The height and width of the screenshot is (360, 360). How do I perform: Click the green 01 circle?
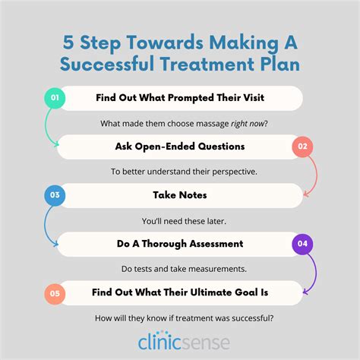coord(55,98)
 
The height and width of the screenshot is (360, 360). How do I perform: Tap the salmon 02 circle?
coord(302,147)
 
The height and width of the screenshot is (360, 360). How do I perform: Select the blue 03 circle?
coord(55,195)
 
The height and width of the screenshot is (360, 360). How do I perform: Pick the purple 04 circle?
coord(302,244)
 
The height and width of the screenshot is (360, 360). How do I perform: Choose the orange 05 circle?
coord(55,294)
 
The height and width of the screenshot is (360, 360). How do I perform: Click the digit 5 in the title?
coord(68,42)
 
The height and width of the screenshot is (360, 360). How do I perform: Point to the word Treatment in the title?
coord(207,64)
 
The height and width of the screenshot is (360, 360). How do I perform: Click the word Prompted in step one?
coord(191,98)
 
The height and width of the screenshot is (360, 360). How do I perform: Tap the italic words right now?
coord(248,124)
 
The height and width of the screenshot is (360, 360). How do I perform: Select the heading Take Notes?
coord(180,195)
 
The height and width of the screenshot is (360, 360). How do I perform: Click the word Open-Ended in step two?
coord(165,147)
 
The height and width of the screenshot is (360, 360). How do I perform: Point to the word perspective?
coord(234,172)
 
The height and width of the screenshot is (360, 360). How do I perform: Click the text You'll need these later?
coord(184,221)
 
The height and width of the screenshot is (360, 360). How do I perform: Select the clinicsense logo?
coord(184,340)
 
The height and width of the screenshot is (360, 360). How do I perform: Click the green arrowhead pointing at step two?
coord(56,144)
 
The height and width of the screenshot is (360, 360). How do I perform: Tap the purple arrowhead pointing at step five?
coord(305,292)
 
